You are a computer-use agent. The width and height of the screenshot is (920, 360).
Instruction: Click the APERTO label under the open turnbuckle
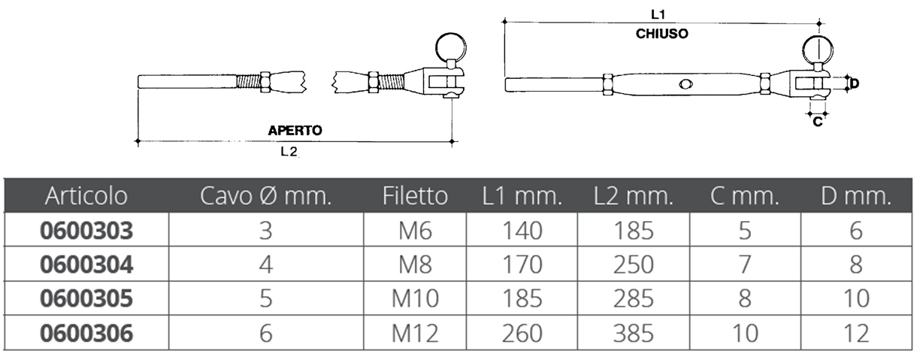click(295, 131)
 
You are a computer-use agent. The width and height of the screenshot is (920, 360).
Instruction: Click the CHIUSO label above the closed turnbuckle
click(661, 34)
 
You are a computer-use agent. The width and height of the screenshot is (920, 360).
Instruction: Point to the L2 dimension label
click(289, 152)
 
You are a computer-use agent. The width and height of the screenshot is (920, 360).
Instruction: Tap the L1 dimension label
click(658, 15)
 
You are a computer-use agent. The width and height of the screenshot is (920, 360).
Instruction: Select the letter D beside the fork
click(855, 83)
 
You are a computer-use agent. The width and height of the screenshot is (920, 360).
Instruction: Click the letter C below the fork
click(818, 122)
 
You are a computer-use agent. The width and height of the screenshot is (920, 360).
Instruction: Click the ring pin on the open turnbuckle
click(451, 48)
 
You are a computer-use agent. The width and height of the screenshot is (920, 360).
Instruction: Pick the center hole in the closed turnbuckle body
click(685, 85)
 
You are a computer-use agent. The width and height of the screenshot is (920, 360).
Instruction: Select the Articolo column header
click(86, 196)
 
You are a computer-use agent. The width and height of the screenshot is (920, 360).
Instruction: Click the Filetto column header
click(415, 196)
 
